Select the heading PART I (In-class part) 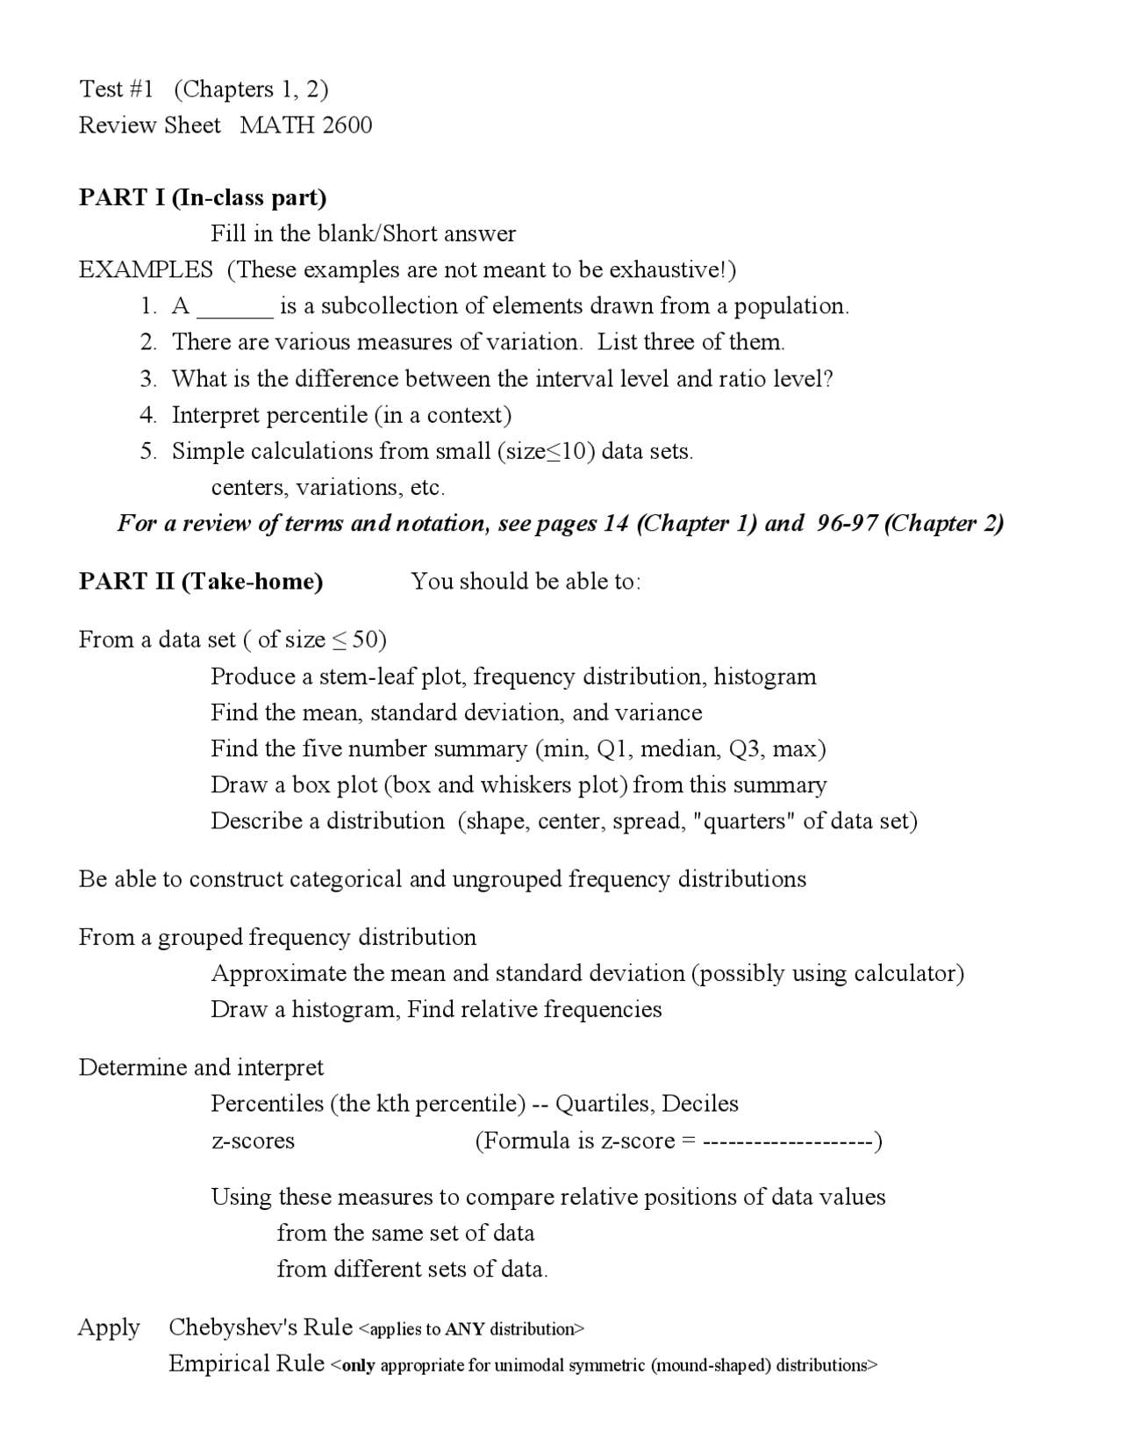pos(203,197)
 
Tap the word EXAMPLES pos(146,269)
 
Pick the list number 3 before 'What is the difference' pos(147,379)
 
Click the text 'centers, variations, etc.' pos(328,487)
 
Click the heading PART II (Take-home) pos(201,582)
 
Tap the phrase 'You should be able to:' pos(526,582)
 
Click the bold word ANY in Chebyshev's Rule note pos(465,1329)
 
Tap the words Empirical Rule pos(246,1364)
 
